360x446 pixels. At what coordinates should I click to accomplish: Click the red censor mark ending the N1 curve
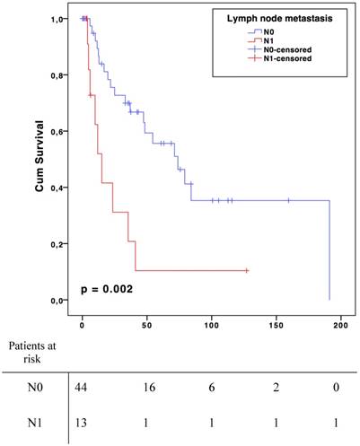(246, 270)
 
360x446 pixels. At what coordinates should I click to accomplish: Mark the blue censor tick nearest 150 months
(288, 200)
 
